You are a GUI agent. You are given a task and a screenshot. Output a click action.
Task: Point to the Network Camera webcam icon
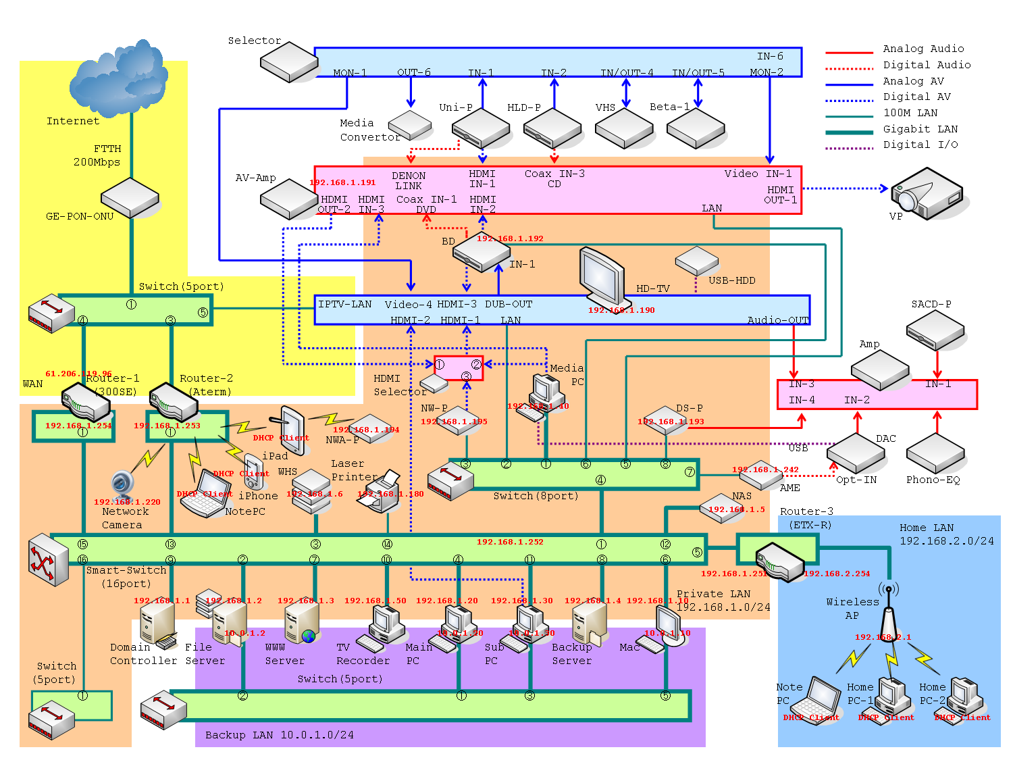click(123, 485)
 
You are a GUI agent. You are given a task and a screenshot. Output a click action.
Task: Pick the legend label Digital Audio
click(927, 65)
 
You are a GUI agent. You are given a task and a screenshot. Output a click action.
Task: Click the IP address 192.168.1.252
click(510, 542)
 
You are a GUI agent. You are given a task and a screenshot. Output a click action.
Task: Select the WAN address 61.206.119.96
click(78, 374)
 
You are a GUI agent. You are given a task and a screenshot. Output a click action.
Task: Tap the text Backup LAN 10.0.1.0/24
click(279, 735)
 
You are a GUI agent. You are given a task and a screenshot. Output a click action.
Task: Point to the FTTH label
click(107, 149)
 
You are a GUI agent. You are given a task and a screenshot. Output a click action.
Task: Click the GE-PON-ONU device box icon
click(130, 197)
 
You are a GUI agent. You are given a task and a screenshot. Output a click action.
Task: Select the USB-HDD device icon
click(696, 260)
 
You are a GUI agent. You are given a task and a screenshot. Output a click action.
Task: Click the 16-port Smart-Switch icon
click(49, 559)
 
